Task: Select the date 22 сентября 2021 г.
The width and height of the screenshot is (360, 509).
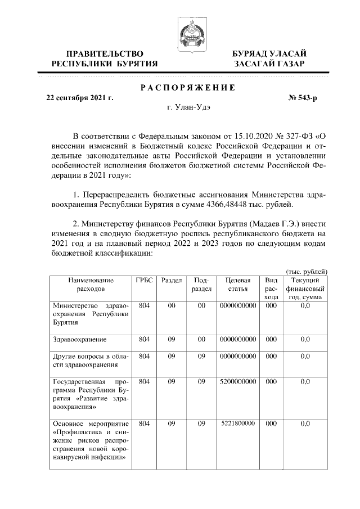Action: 79,98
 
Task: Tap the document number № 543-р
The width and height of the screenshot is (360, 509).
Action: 303,98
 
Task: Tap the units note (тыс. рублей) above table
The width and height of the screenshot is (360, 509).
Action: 307,272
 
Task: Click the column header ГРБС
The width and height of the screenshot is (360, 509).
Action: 144,280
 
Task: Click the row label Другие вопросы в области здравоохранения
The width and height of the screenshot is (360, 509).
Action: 90,360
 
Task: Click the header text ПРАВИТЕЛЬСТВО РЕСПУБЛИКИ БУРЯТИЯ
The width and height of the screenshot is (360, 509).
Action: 104,59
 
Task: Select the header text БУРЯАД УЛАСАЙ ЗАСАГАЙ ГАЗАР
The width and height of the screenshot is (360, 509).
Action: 270,59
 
